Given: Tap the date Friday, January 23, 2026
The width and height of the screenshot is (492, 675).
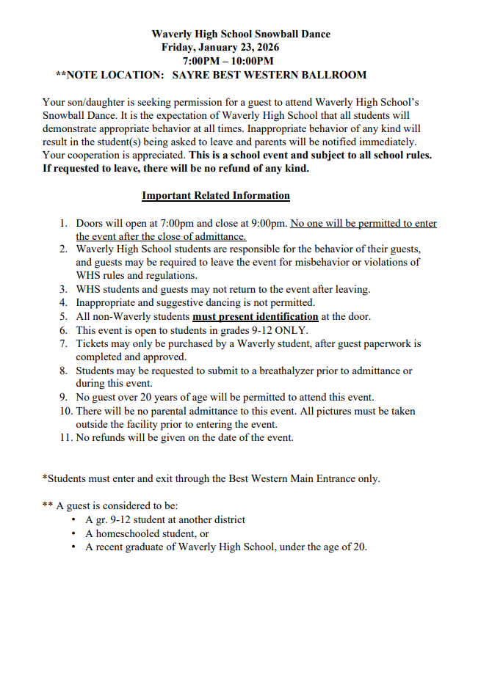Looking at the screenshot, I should coord(220,47).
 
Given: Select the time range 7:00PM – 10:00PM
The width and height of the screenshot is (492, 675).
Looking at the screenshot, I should coord(228,61).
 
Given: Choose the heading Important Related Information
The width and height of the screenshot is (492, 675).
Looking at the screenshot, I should coord(216,196).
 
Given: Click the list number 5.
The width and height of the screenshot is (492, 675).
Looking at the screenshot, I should coord(64,316).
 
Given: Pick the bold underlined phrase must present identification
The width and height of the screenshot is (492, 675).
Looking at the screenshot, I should coord(256,316).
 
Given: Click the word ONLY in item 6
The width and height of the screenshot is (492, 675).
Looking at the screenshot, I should coord(289,330).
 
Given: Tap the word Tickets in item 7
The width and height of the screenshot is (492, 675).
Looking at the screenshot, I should coord(93,343).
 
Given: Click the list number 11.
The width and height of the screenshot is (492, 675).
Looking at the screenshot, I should coord(64,437).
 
